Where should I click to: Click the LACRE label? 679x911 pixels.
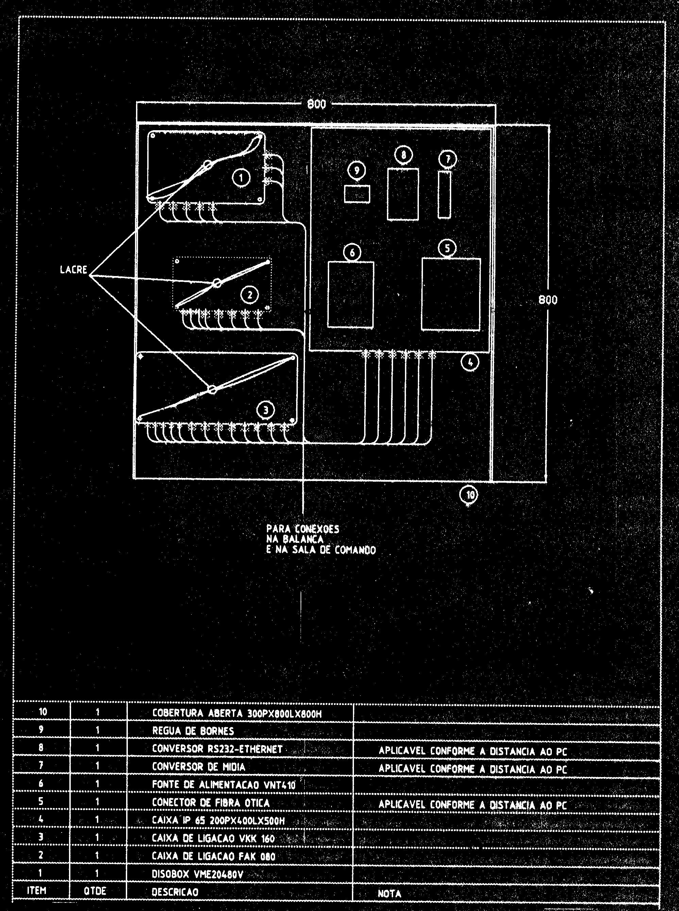[73, 270]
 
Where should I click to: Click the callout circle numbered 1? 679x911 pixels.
[241, 178]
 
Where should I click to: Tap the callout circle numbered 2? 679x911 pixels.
[250, 294]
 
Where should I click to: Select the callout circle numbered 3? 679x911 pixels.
[266, 410]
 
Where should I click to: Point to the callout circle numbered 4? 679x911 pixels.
[470, 362]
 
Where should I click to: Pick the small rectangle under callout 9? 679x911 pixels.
[357, 194]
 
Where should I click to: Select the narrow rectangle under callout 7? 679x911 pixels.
[444, 195]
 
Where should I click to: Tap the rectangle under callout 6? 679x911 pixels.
[351, 294]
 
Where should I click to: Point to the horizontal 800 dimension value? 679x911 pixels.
[317, 104]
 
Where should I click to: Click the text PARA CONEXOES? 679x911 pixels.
[303, 529]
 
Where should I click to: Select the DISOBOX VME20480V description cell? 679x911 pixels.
[198, 874]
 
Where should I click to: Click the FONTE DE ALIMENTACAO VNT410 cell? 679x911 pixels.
[224, 785]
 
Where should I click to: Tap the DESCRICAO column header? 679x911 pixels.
[175, 892]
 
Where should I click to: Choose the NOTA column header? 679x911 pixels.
[389, 893]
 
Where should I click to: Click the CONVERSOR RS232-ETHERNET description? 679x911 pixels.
[217, 749]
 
